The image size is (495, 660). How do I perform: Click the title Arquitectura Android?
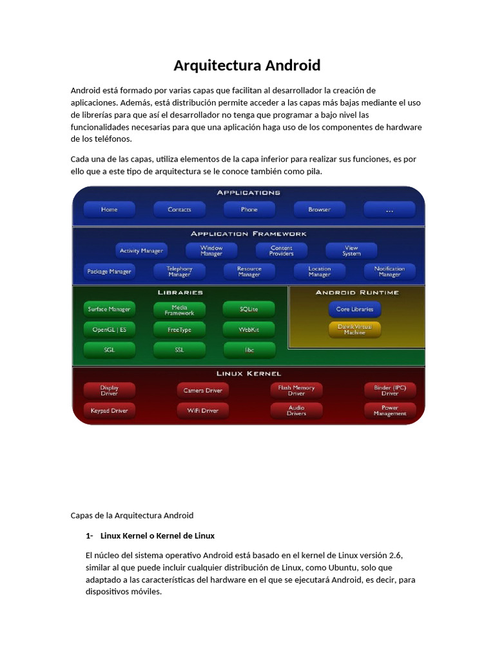click(247, 66)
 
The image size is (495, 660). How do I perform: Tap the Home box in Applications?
click(109, 209)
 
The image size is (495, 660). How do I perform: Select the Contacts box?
click(179, 209)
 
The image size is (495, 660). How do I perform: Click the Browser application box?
click(319, 209)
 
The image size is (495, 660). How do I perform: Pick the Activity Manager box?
click(142, 251)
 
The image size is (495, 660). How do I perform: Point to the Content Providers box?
click(282, 251)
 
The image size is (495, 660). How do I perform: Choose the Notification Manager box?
click(389, 271)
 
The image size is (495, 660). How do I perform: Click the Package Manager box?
click(109, 271)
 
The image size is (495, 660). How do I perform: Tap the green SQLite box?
click(249, 309)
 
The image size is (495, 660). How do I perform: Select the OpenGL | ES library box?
click(109, 329)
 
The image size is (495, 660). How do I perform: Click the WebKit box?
click(249, 329)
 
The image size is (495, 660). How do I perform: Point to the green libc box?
click(249, 350)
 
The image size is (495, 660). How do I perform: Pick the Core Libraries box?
click(354, 309)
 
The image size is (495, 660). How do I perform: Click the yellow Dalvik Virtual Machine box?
click(354, 329)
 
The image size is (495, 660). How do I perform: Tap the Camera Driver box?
click(202, 390)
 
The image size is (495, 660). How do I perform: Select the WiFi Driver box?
click(202, 411)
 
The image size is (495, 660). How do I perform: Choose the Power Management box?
click(390, 411)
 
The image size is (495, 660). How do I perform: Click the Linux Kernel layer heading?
click(249, 374)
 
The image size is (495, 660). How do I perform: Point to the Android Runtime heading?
click(357, 293)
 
